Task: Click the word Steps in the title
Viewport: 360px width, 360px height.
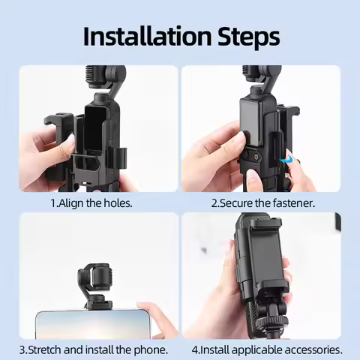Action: click(x=243, y=36)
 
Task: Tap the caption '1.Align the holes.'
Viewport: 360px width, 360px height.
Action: click(x=91, y=202)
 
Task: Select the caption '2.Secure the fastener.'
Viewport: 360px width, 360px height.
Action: click(x=262, y=202)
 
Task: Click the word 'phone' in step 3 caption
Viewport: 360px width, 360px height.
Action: click(x=148, y=349)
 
